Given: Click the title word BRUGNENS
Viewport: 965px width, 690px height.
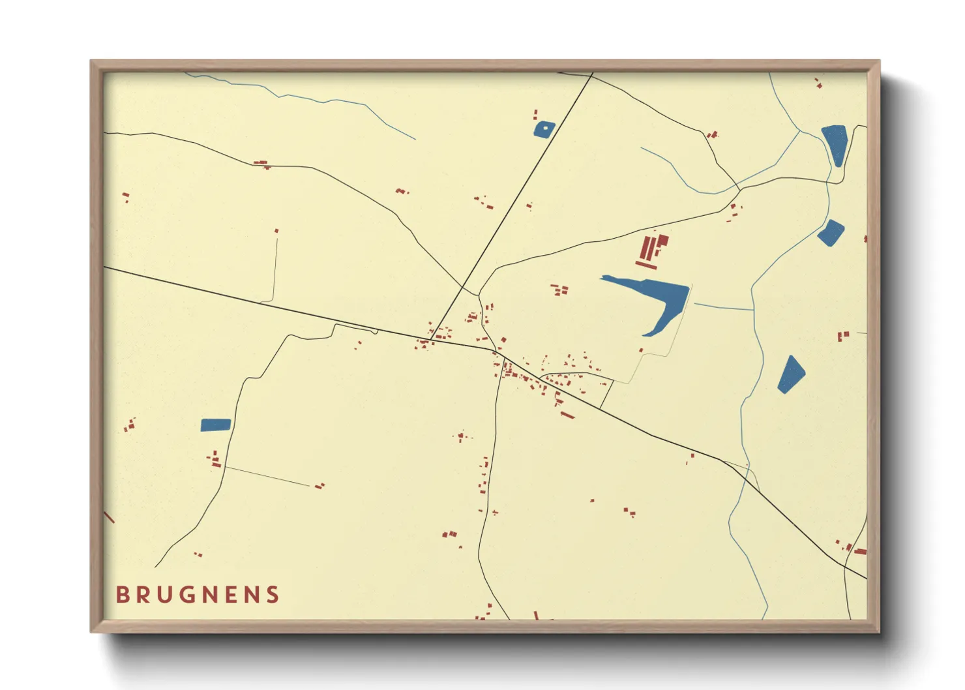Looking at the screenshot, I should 198,595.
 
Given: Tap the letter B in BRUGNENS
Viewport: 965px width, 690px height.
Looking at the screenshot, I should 122,595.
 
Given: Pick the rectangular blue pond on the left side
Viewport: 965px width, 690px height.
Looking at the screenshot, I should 216,425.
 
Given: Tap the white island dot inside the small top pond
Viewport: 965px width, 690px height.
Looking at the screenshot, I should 545,128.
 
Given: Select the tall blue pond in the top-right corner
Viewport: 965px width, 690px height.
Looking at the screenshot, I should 834,143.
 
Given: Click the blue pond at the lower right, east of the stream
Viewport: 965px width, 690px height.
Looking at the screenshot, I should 791,374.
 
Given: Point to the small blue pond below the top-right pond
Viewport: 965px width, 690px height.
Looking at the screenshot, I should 831,233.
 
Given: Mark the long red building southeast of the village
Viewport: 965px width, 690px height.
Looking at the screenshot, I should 567,415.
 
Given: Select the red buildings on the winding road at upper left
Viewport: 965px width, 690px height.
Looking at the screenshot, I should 262,163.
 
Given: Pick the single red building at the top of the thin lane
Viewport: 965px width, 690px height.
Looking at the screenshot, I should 276,231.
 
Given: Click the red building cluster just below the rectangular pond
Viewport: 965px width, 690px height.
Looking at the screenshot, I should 214,460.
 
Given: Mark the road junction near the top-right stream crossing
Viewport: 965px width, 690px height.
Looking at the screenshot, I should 740,190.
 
